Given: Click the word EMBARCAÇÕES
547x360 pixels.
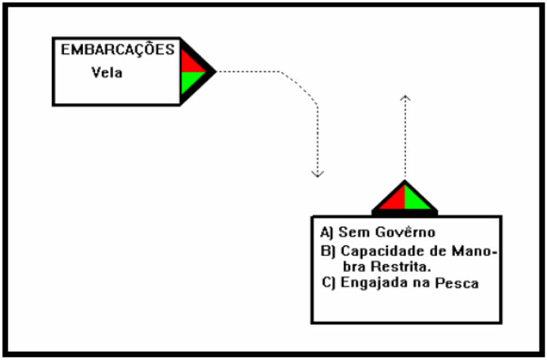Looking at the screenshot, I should click(x=118, y=50).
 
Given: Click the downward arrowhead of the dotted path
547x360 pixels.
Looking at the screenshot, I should click(x=318, y=174).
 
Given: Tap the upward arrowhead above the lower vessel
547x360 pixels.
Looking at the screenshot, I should click(x=405, y=98).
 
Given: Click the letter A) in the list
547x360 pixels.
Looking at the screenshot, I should click(x=327, y=231).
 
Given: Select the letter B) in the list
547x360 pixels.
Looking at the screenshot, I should click(x=327, y=251).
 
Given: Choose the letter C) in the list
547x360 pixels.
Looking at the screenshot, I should click(x=327, y=283).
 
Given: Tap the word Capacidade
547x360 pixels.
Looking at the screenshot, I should click(x=379, y=251).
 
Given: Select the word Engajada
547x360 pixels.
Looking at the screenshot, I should click(x=368, y=283).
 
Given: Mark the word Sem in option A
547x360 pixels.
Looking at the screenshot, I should click(x=350, y=231).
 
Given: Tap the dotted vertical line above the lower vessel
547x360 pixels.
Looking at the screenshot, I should click(x=405, y=143).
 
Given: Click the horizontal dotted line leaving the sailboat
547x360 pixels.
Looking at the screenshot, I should click(x=249, y=72).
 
